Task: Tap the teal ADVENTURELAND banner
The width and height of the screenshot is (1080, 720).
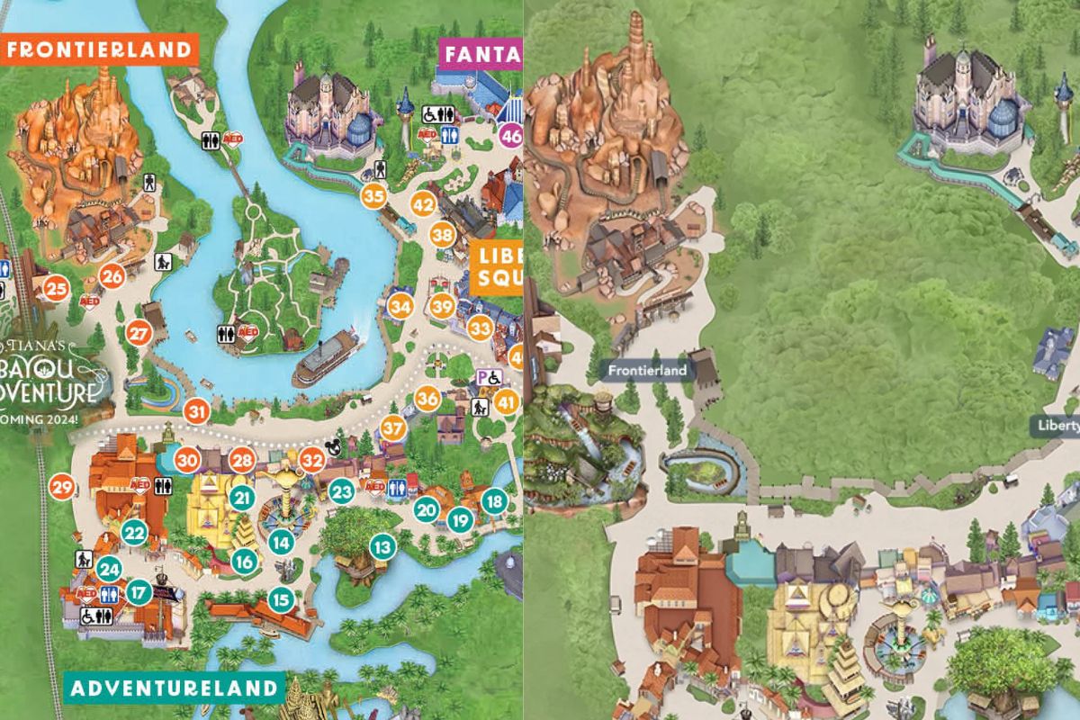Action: point(174,688)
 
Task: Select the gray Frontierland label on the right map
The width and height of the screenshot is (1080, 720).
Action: point(646,370)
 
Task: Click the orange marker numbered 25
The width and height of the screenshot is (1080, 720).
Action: point(57,288)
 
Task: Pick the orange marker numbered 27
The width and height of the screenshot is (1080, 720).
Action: point(139,333)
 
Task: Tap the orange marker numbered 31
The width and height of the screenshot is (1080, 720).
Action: point(196,412)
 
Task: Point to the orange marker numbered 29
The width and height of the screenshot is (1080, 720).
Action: point(62,488)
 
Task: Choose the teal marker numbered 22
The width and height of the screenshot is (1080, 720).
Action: point(135,532)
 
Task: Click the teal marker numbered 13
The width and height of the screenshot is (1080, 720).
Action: point(382,545)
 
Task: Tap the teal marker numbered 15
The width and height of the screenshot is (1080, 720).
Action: point(282,598)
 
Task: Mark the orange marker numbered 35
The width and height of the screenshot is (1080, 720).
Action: point(373,195)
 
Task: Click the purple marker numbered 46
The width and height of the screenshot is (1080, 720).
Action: point(511,137)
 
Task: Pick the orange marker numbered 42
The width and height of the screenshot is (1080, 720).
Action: point(424,204)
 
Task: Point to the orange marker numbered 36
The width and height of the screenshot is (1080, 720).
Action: point(428,398)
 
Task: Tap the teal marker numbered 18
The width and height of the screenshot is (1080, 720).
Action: point(493,501)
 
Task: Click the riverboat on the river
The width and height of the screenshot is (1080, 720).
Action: point(326,356)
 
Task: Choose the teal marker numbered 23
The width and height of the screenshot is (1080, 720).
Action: point(341,491)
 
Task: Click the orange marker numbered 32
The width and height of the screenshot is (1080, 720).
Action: point(312,459)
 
